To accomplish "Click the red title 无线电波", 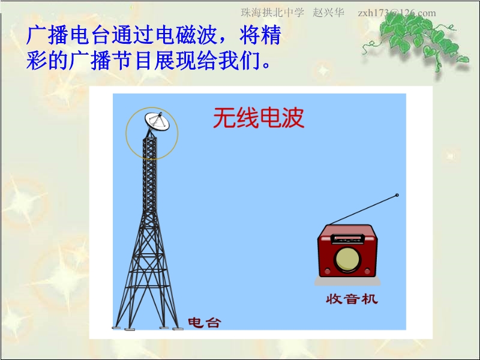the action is (259, 118).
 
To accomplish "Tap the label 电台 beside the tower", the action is (204, 323).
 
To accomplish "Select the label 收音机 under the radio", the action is (352, 299).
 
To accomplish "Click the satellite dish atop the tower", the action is (157, 122).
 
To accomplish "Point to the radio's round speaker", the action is (348, 260).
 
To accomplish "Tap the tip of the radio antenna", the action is (397, 195).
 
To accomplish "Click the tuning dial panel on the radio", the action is (348, 239).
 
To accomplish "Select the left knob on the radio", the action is (327, 271).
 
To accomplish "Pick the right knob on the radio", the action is (367, 271).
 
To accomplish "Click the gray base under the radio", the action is (347, 281).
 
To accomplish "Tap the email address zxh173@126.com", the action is (397, 13).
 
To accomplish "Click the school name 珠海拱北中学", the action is (272, 13).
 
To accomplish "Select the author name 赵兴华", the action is (328, 13).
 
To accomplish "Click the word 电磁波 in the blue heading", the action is (187, 35).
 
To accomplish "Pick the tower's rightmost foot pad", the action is (178, 329).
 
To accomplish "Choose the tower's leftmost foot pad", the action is (116, 328).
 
